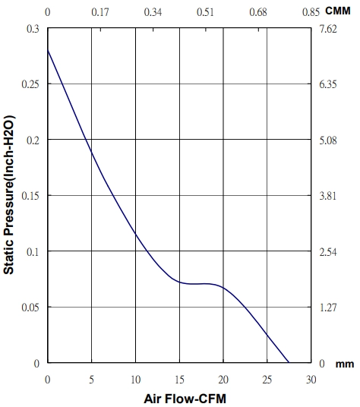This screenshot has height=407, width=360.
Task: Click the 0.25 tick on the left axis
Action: [30, 84]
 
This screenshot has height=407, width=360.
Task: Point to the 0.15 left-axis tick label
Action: [30, 196]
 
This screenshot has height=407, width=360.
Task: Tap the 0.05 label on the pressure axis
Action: [30, 308]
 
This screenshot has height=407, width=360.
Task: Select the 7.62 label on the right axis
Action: [328, 29]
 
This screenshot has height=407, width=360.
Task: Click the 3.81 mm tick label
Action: [328, 196]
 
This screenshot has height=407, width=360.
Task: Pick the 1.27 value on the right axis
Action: [328, 308]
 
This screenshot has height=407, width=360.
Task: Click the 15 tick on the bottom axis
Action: [179, 380]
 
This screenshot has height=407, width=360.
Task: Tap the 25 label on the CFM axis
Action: [267, 380]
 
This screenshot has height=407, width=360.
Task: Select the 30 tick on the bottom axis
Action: [311, 380]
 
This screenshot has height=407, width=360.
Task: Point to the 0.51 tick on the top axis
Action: [206, 12]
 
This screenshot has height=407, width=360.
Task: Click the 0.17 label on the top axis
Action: [100, 12]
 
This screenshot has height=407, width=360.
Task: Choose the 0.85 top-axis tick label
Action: [311, 12]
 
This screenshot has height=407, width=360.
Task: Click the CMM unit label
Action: [338, 11]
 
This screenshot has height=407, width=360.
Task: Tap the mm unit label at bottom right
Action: [345, 364]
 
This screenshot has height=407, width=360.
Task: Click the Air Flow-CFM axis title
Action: [185, 399]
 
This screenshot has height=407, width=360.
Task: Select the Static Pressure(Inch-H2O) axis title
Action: [8, 194]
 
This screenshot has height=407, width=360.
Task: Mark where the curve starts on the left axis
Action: [48, 49]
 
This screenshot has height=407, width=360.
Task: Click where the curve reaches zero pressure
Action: [289, 362]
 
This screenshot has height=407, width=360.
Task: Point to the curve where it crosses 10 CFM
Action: [135, 234]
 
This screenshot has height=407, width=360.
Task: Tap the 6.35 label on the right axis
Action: [328, 84]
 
